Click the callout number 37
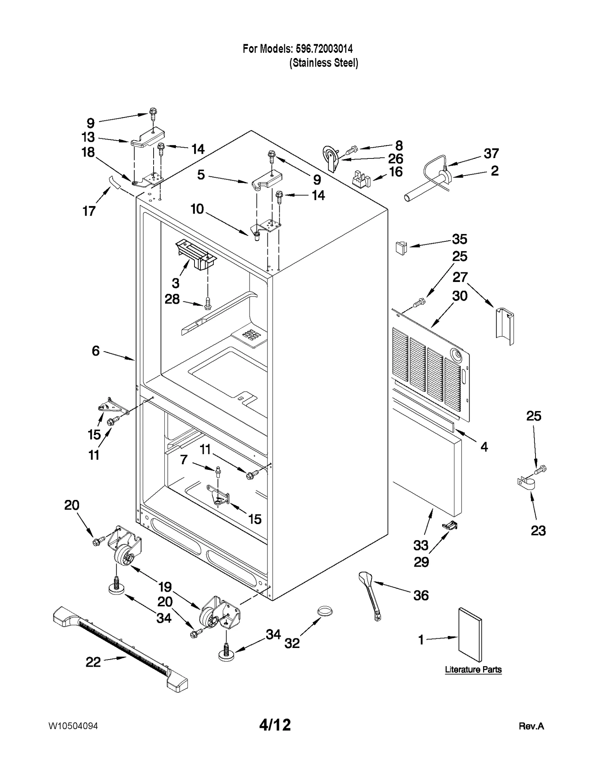point(491,153)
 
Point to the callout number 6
point(96,350)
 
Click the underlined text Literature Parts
point(473,670)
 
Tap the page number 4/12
point(275,725)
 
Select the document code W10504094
point(73,726)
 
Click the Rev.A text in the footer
point(531,726)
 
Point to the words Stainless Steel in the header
point(324,62)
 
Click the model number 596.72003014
point(324,48)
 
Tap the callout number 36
point(421,595)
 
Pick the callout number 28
point(172,299)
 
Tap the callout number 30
point(460,296)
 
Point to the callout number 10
point(197,209)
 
